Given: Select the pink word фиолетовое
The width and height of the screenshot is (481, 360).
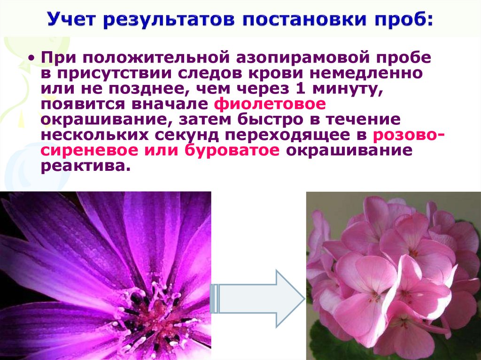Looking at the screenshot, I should [x=269, y=104].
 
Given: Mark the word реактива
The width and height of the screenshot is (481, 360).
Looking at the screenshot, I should [x=85, y=167].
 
